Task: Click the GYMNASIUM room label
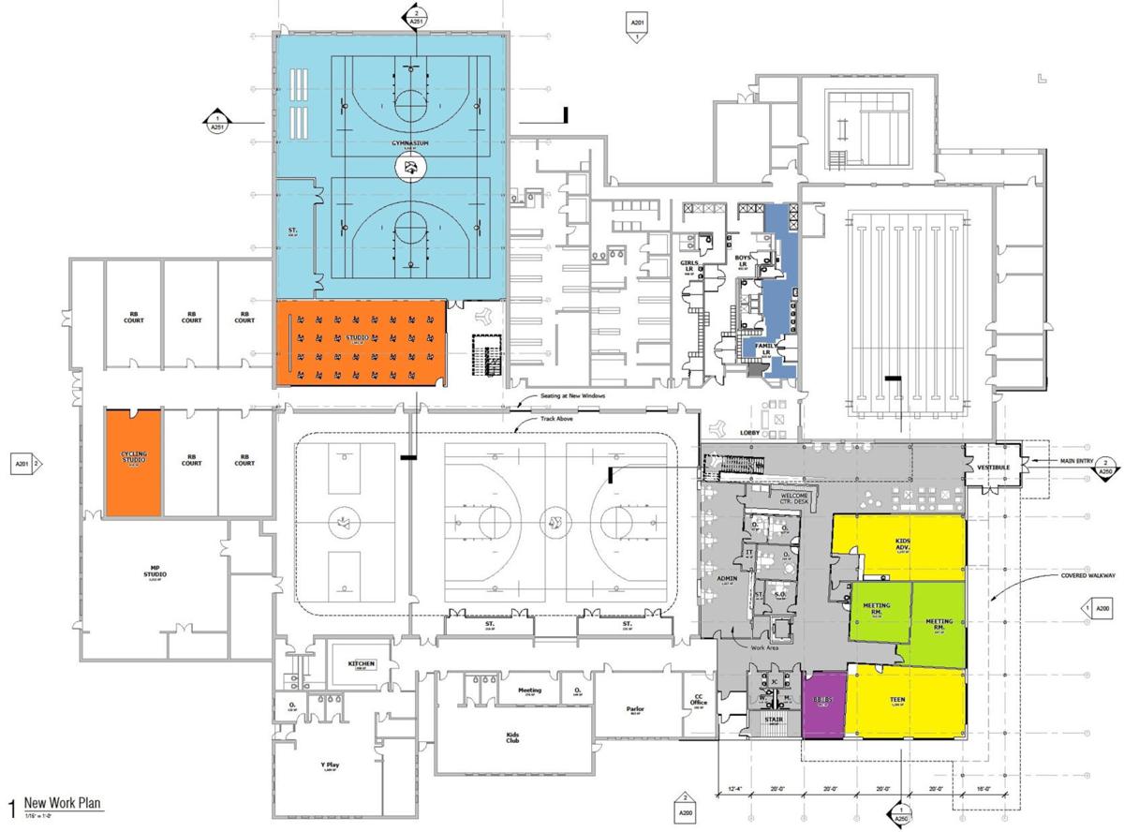[409, 142]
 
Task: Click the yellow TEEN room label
[903, 699]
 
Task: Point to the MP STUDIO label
[155, 574]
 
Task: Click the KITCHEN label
[362, 664]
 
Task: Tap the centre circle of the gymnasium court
[409, 169]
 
